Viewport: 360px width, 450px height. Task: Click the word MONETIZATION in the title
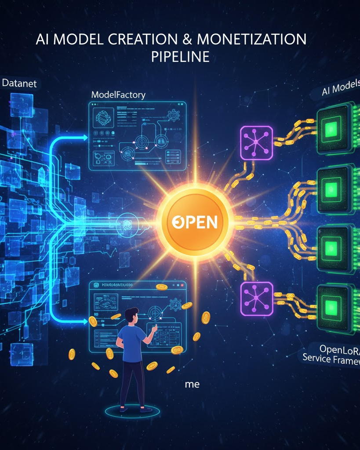251,39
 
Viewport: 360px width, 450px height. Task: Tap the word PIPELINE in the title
180,57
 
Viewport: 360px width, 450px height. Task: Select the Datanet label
20,83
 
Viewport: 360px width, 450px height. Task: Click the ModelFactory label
118,94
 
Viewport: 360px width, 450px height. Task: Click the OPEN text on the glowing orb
194,221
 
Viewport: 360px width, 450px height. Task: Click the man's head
131,316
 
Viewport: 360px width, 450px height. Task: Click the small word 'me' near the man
192,384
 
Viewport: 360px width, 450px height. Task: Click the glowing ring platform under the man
131,412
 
